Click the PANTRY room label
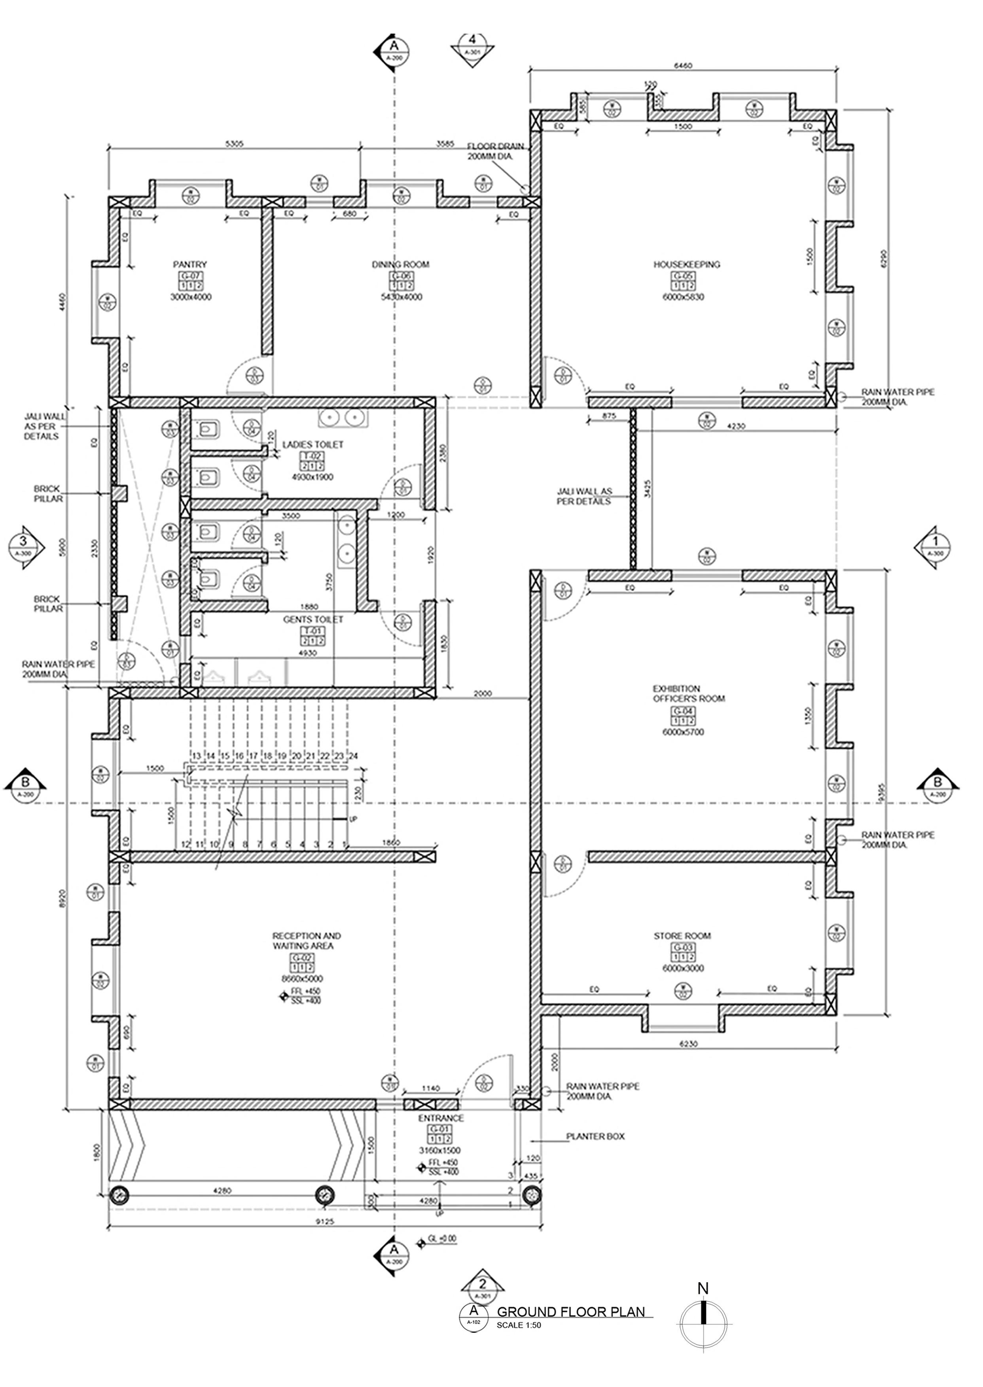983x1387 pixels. click(x=190, y=265)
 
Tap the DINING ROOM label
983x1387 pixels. click(x=400, y=265)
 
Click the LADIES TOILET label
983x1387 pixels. click(x=313, y=444)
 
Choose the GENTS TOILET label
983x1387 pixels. click(x=313, y=620)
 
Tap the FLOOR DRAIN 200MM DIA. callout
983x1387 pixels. click(x=491, y=151)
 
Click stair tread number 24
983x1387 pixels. click(x=354, y=756)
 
